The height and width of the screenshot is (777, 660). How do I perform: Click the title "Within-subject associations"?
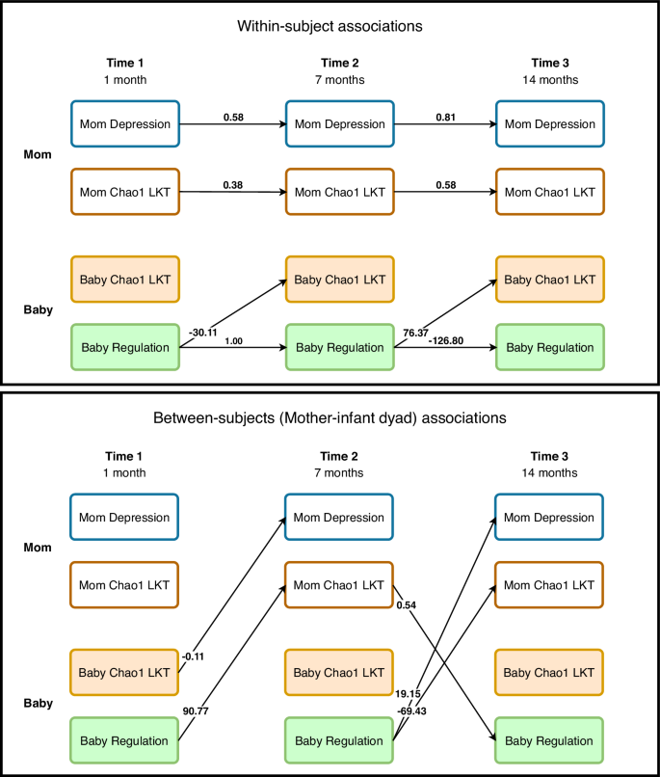(x=330, y=27)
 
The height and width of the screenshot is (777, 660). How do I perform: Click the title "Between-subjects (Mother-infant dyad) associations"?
(x=330, y=418)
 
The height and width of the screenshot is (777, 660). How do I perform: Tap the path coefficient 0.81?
(x=444, y=117)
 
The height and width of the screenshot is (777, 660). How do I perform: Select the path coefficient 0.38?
(x=232, y=184)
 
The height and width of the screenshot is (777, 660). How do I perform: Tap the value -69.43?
(x=417, y=710)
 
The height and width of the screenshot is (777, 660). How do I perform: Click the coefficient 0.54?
(x=406, y=604)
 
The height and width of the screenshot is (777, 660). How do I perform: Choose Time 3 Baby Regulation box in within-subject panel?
(x=549, y=347)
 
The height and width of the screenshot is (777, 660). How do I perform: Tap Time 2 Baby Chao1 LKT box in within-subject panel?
(x=338, y=280)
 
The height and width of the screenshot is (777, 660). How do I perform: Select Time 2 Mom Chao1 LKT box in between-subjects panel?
(x=338, y=584)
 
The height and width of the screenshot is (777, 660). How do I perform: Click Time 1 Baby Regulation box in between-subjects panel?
(x=125, y=740)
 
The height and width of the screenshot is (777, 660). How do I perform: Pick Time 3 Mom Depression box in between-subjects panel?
(x=549, y=518)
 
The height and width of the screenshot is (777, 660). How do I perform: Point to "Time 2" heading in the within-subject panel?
(x=338, y=63)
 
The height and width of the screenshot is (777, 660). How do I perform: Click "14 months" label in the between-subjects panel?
(x=550, y=472)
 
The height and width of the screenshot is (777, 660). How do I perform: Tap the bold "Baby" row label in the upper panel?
(x=39, y=311)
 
